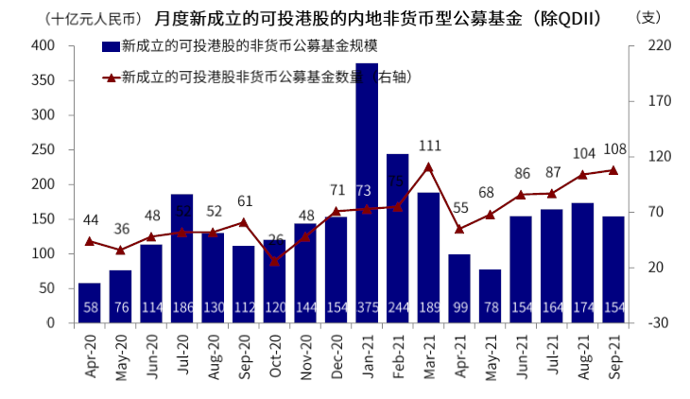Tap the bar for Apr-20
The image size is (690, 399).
[x=90, y=303]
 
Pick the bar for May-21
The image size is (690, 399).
[x=490, y=296]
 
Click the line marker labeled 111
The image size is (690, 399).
[x=428, y=166]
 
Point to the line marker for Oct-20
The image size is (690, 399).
[x=275, y=261]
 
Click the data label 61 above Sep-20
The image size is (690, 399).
[x=245, y=201]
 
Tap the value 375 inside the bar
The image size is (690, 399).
[x=367, y=309]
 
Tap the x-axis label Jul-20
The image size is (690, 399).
[x=182, y=356]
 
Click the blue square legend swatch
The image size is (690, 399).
[x=109, y=46]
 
